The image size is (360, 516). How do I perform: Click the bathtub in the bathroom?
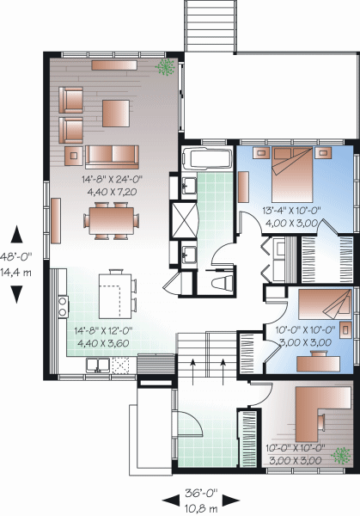[207, 158]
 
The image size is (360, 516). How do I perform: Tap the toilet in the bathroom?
[223, 283]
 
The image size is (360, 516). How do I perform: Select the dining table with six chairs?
[112, 220]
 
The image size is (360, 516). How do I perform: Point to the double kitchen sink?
[98, 365]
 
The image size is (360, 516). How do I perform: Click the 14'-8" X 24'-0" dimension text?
[113, 180]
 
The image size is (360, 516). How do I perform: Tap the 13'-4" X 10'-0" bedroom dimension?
[291, 211]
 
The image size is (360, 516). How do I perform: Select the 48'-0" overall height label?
[15, 256]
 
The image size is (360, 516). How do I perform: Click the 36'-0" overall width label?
[201, 493]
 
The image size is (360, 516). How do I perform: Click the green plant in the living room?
[165, 67]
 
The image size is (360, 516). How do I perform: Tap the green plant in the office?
[341, 456]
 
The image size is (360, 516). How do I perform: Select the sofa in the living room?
[112, 157]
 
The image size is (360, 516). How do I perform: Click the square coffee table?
[116, 114]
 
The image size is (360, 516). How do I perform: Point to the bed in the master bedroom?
[292, 175]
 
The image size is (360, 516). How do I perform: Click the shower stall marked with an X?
[184, 220]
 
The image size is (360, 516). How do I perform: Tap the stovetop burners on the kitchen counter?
[63, 306]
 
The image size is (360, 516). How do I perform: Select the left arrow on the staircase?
[193, 372]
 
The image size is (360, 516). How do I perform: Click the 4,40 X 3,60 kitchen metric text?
[103, 343]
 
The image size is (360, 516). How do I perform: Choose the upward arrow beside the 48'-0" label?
[16, 234]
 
